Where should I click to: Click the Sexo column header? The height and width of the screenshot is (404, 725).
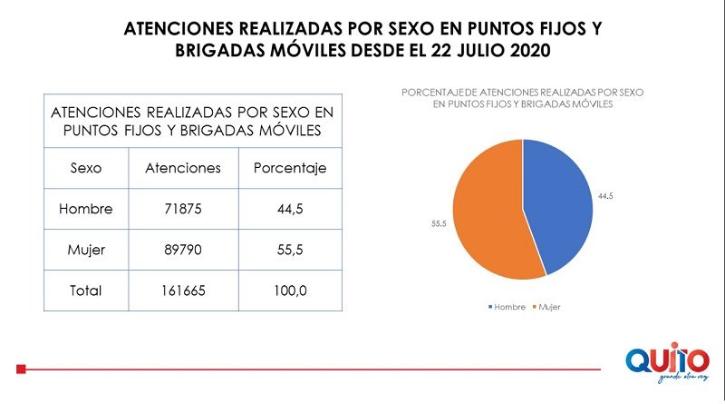click(85, 168)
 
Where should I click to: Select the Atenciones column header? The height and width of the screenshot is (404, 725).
click(182, 168)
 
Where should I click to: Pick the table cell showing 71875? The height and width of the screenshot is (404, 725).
click(182, 209)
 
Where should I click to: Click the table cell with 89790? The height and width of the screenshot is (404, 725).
click(182, 250)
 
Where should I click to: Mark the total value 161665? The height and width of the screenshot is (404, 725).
click(182, 291)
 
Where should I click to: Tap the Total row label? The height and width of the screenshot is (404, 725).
click(85, 291)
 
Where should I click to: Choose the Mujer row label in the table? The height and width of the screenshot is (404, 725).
click(85, 250)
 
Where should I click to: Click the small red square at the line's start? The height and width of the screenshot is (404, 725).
click(21, 370)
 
